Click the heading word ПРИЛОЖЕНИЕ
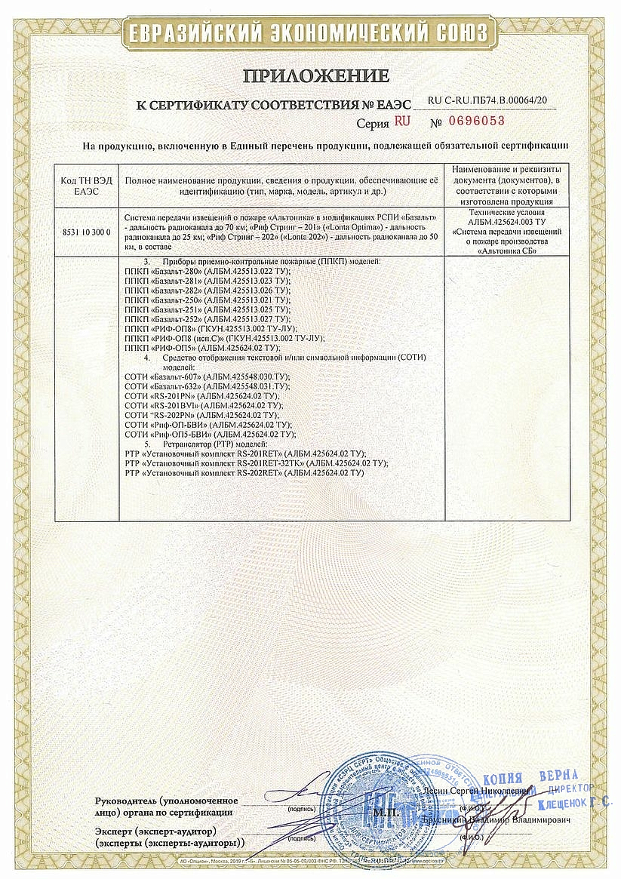[x=315, y=75]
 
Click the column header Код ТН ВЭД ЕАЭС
[x=87, y=186]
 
